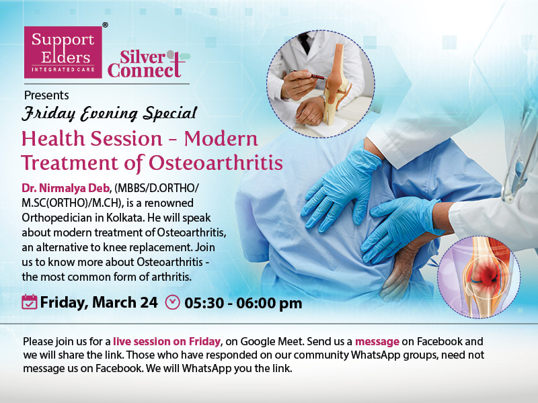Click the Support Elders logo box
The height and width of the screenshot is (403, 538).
point(63,52)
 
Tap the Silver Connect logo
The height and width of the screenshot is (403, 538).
point(148,64)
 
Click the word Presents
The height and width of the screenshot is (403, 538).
point(46,95)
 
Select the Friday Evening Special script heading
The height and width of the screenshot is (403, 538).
point(110,114)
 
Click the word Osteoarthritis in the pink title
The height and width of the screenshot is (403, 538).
point(216,163)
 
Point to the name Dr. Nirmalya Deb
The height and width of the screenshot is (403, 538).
point(65,188)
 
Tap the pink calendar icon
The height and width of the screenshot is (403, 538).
point(29,302)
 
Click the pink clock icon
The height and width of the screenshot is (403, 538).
point(173,302)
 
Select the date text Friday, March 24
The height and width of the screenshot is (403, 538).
point(99,302)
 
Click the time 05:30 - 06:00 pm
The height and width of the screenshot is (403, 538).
point(243,304)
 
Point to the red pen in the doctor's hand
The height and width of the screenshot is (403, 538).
point(308,75)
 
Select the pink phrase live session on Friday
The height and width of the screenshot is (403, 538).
point(167,341)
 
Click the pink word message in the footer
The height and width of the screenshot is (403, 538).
point(377,341)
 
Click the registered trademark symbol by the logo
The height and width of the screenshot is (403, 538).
point(106,25)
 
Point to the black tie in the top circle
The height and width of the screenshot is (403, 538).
point(305,42)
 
